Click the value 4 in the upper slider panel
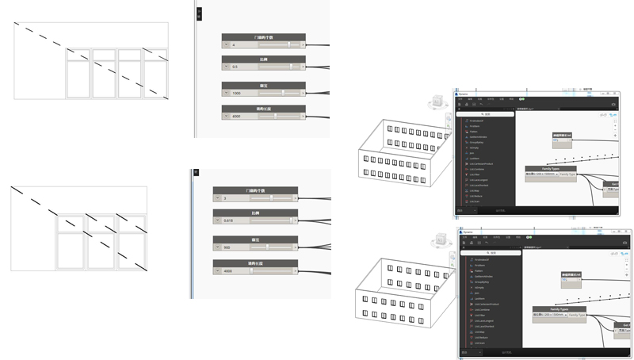click(x=234, y=45)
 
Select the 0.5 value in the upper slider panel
click(x=235, y=67)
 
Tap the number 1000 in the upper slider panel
click(x=237, y=93)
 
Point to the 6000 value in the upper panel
click(x=237, y=116)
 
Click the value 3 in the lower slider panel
click(x=225, y=198)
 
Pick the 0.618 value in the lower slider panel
click(x=228, y=220)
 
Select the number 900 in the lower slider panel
click(x=227, y=247)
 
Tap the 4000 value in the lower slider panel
click(x=227, y=270)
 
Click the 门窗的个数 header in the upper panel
click(x=263, y=37)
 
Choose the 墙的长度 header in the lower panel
click(x=255, y=262)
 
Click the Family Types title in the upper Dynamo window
click(x=551, y=169)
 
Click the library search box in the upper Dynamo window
click(x=486, y=114)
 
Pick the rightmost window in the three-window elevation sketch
click(x=130, y=243)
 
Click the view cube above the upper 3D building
click(x=435, y=103)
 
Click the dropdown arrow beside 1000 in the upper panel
click(x=226, y=93)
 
